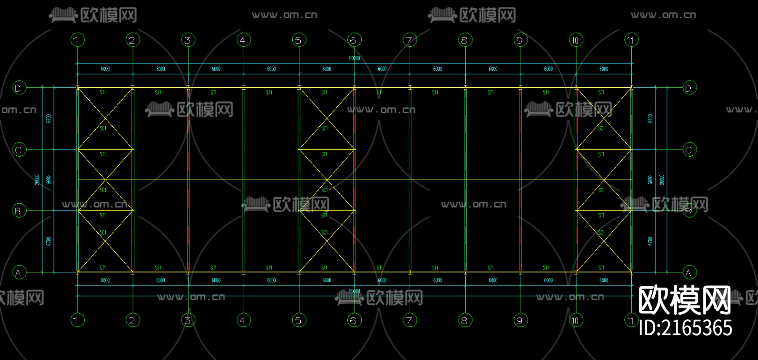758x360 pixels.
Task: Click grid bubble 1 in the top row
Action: [x=77, y=40]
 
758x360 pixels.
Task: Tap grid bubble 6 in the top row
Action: [x=354, y=40]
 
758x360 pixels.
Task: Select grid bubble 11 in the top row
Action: [x=631, y=40]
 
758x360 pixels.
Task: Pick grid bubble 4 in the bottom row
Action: [x=243, y=320]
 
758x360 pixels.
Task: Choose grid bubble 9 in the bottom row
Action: [x=520, y=320]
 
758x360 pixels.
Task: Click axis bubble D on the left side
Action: [x=19, y=88]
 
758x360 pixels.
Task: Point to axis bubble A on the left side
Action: [x=19, y=272]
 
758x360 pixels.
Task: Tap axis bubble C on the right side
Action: [x=689, y=149]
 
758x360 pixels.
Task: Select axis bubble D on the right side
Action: [x=689, y=88]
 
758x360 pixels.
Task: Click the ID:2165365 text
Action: [x=686, y=328]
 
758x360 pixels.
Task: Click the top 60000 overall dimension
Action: [x=354, y=59]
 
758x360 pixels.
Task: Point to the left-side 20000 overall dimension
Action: [x=37, y=180]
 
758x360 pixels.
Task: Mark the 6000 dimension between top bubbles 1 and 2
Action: [x=105, y=69]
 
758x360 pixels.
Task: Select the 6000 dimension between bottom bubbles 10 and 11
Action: [x=603, y=280]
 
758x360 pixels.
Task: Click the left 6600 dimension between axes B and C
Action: [x=49, y=180]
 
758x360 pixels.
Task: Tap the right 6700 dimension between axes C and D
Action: [x=650, y=118]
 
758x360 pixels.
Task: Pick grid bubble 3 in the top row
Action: [x=188, y=40]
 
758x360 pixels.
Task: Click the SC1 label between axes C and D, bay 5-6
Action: [x=325, y=128]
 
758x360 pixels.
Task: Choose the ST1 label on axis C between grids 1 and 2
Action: [x=103, y=155]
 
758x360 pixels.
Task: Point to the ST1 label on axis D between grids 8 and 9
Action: [x=491, y=93]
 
